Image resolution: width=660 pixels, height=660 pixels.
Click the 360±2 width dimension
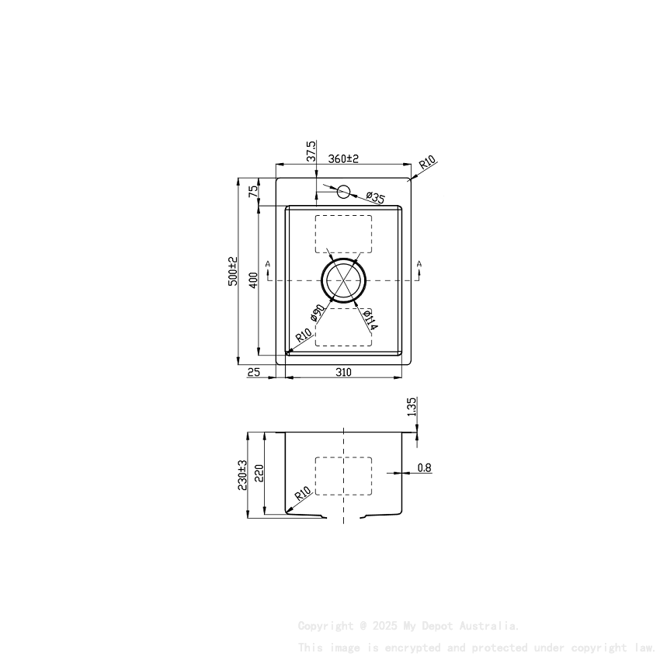(x=342, y=158)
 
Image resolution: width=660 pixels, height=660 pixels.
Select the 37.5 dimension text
(x=311, y=151)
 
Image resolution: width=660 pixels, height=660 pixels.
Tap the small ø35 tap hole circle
(x=344, y=192)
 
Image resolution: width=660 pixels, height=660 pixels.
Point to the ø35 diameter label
(x=376, y=198)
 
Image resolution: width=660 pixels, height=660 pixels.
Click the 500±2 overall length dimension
(x=232, y=271)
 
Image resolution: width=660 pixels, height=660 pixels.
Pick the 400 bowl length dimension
(x=252, y=280)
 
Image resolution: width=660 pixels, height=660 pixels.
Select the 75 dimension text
(x=252, y=192)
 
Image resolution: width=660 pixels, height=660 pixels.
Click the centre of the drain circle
(x=343, y=280)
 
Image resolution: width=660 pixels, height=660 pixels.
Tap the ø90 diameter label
(x=317, y=313)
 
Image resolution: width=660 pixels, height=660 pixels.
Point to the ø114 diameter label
(x=370, y=319)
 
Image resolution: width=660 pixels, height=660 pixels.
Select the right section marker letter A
(x=419, y=266)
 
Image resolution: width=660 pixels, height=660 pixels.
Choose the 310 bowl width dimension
(x=343, y=373)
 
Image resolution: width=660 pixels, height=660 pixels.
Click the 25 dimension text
(x=253, y=373)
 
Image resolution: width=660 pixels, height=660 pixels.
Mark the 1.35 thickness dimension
(x=412, y=406)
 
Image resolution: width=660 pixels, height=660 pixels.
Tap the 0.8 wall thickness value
(x=424, y=467)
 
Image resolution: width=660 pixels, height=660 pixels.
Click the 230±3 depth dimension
(x=242, y=474)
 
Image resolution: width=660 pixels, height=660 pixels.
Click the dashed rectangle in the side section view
(x=343, y=475)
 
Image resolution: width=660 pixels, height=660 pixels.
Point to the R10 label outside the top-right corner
(x=428, y=164)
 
